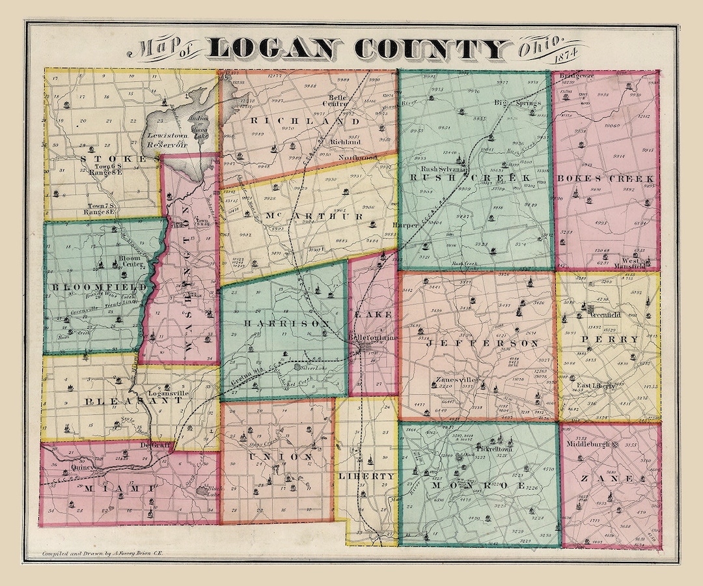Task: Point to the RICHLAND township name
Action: click(x=303, y=121)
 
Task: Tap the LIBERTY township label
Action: click(x=366, y=476)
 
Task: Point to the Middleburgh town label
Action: click(x=590, y=444)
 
